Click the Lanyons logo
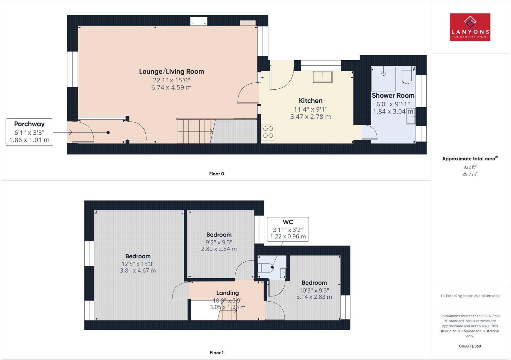click(470, 27)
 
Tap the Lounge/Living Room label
click(172, 71)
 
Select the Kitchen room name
click(310, 101)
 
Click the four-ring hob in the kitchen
click(268, 132)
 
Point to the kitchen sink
click(323, 77)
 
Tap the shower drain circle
click(384, 74)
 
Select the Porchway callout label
click(29, 124)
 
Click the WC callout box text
click(288, 222)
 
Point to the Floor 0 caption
click(217, 174)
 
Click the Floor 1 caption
click(217, 353)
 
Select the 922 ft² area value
click(470, 167)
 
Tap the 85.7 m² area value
click(470, 174)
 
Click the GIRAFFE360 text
click(470, 346)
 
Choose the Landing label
click(227, 293)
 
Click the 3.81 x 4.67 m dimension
click(138, 271)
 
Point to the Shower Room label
click(393, 95)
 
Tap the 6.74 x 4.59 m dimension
click(172, 87)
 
